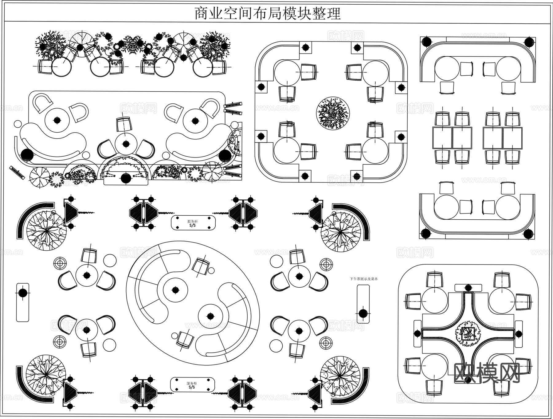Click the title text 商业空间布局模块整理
[268, 13]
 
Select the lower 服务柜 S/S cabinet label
[192, 385]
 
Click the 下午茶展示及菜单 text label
[364, 279]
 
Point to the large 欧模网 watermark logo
[486, 373]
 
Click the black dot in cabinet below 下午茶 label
[363, 313]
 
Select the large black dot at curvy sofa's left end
[27, 155]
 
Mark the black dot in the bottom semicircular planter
[126, 178]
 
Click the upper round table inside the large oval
[175, 290]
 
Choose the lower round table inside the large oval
[210, 316]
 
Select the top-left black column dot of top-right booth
[426, 42]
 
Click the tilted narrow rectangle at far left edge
[17, 173]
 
